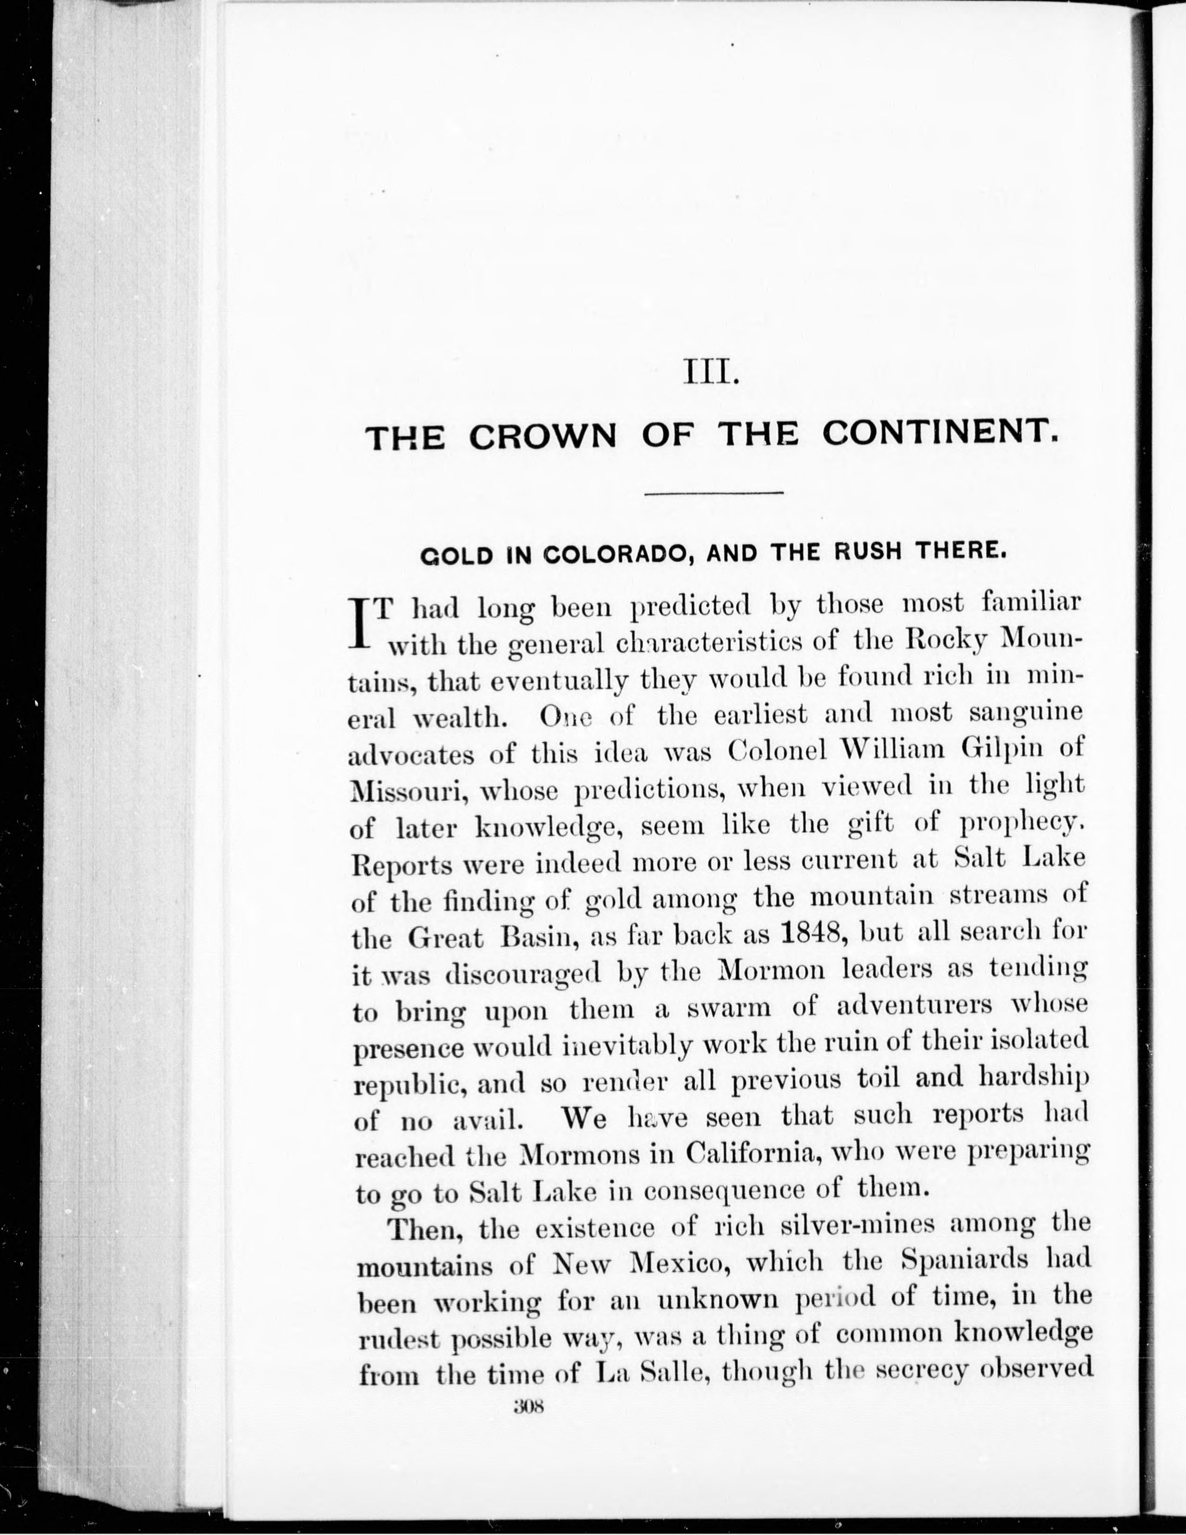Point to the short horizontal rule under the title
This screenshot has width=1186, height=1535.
[713, 493]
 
